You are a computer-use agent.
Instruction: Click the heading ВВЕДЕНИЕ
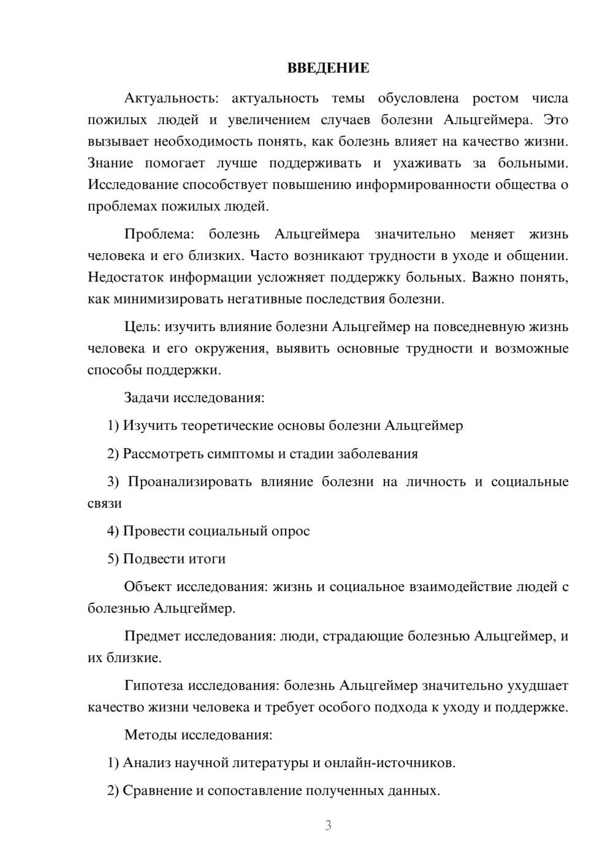(328, 68)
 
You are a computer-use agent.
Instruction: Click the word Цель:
(143, 327)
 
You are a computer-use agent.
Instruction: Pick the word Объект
(148, 587)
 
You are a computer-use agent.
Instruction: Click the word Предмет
(152, 636)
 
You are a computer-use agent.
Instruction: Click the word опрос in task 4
(290, 531)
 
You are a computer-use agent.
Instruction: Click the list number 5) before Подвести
(113, 559)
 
